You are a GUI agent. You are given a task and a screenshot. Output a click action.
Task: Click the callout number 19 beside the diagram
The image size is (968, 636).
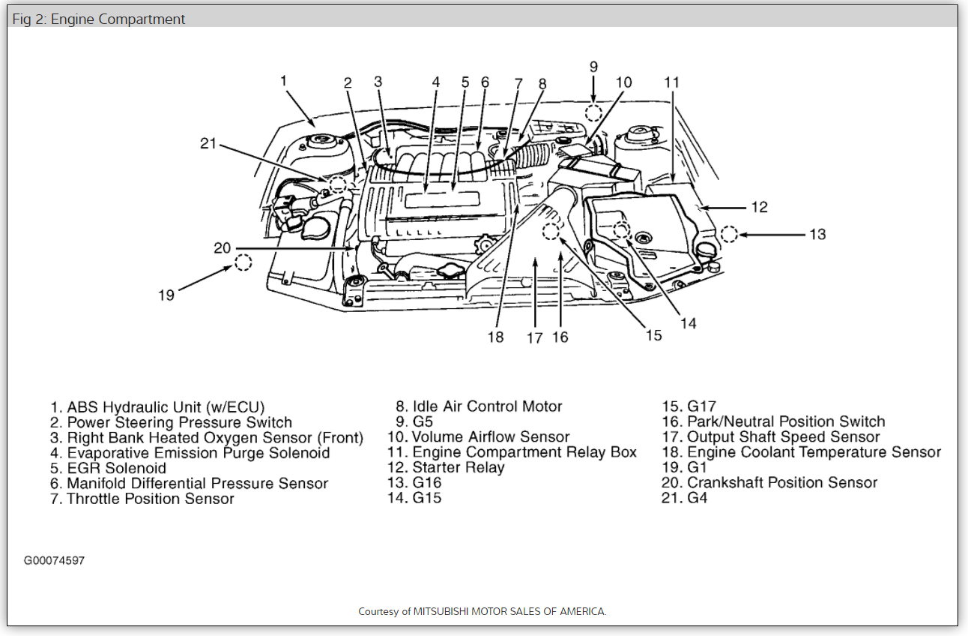(x=166, y=295)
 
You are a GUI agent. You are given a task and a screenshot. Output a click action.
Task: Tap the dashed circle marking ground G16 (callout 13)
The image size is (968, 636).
(x=728, y=234)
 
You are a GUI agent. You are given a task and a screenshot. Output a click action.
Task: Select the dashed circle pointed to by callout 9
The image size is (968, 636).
(x=593, y=113)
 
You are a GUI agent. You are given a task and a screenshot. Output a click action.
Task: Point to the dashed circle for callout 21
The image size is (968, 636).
(x=338, y=184)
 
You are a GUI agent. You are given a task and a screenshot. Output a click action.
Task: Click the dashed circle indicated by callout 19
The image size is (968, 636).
(x=243, y=262)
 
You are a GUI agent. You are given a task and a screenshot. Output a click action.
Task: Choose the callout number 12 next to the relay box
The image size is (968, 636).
(x=759, y=207)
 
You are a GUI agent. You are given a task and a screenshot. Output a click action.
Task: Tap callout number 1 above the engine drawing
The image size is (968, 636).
(x=284, y=80)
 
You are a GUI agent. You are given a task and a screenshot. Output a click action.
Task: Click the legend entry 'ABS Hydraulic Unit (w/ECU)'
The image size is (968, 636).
(x=157, y=407)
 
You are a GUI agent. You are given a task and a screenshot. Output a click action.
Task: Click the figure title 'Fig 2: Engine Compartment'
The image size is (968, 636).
(x=99, y=19)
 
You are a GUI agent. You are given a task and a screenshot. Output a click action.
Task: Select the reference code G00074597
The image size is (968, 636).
(x=54, y=560)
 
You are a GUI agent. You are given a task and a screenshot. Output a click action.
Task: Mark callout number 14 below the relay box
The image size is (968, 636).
(x=688, y=323)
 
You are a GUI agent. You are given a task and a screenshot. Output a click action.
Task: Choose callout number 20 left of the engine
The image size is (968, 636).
(x=222, y=248)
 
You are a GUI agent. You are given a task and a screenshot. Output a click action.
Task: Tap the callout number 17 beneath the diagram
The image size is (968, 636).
(x=534, y=338)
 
